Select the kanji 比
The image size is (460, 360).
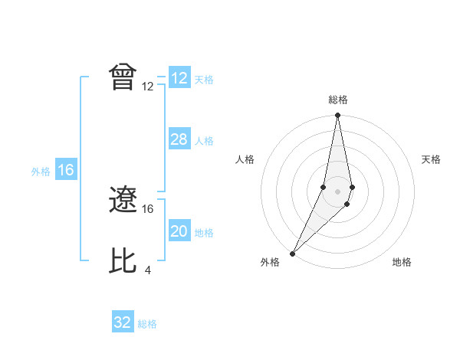tap(123, 260)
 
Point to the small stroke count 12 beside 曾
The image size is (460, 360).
tap(148, 87)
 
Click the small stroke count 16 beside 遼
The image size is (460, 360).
tap(148, 208)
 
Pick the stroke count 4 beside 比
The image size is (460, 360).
tap(147, 270)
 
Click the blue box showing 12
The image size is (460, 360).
tap(179, 78)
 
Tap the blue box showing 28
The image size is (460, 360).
tap(179, 139)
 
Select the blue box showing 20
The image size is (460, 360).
tap(179, 231)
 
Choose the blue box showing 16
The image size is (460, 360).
tap(65, 170)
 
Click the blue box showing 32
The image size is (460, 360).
tap(123, 322)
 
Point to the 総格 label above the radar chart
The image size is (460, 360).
tap(337, 100)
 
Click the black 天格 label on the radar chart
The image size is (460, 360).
tap(432, 159)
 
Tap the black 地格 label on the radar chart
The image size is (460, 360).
tap(402, 262)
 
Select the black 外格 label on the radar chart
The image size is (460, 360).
tap(270, 262)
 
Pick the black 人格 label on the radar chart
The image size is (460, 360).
tap(245, 159)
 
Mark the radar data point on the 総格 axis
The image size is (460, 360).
tap(337, 116)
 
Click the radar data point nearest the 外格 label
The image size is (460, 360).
tap(293, 253)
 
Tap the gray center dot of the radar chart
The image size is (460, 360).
tap(337, 191)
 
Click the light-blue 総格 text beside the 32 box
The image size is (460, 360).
tap(147, 324)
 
